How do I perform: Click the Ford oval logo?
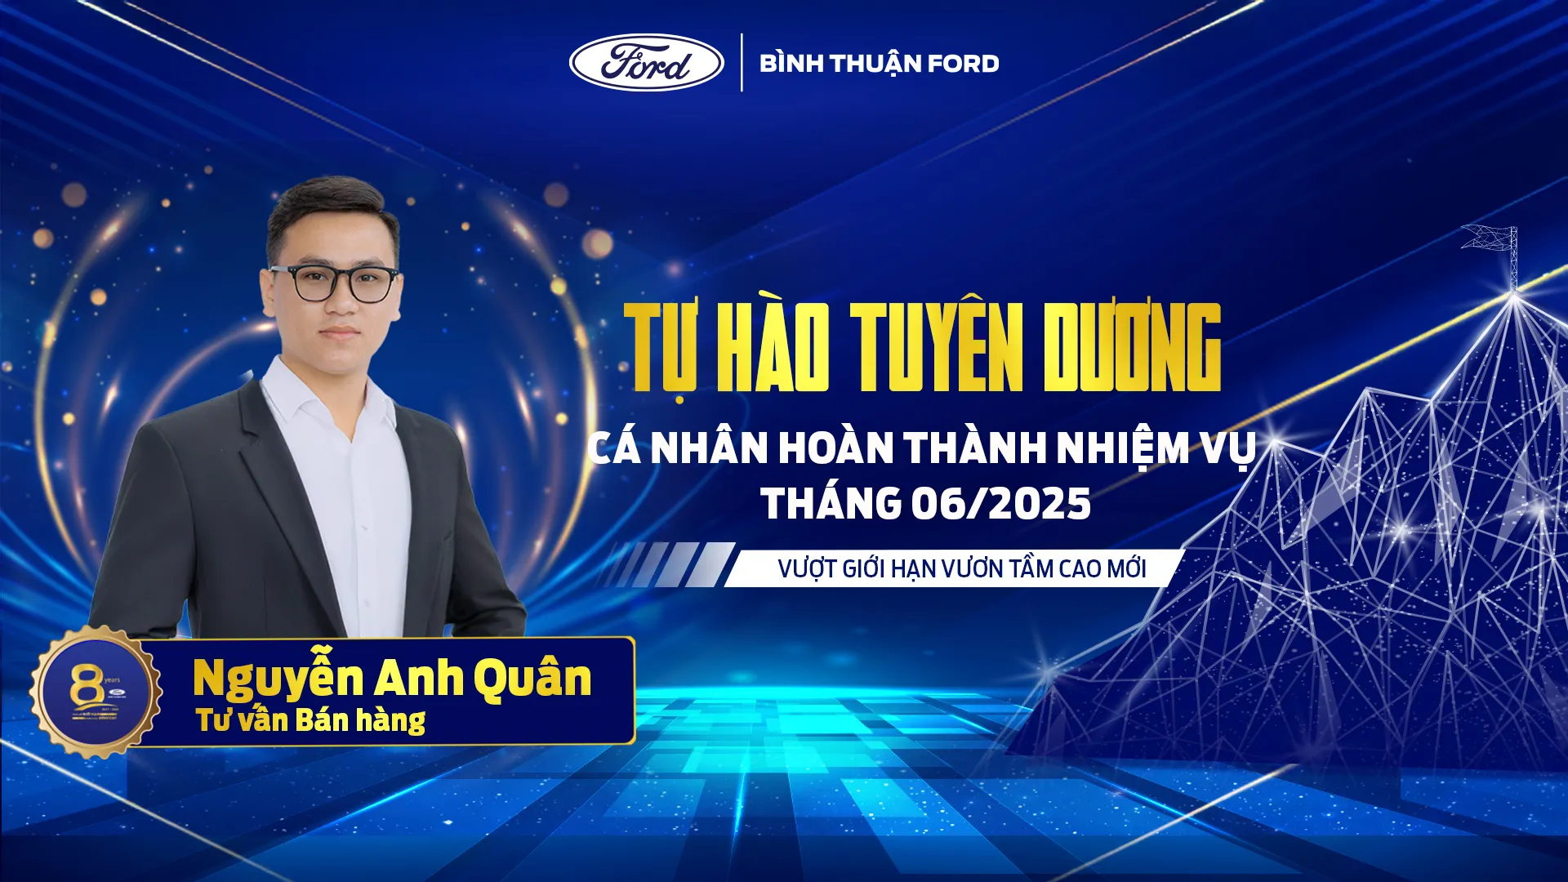(x=646, y=63)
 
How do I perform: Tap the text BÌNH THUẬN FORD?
(x=879, y=64)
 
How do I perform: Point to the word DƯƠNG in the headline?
(x=1132, y=347)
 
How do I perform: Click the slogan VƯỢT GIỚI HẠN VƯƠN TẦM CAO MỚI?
(x=961, y=568)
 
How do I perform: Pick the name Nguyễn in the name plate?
(x=278, y=679)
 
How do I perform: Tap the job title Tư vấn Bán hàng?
(x=310, y=720)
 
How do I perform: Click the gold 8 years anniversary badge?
(x=96, y=692)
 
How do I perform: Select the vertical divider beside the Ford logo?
(x=742, y=63)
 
